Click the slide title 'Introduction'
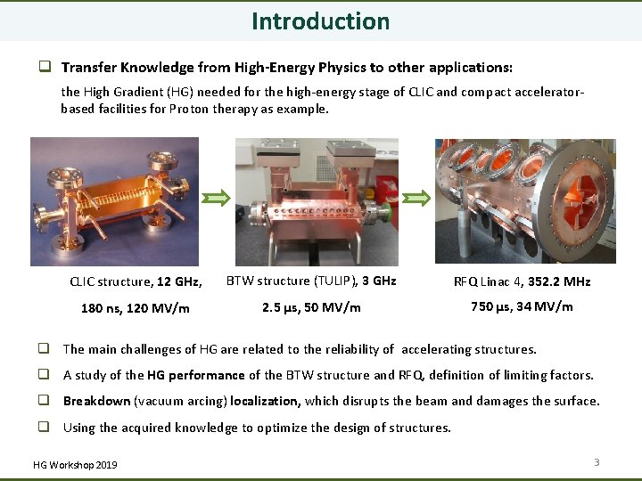pos(320,20)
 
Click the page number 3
pos(597,461)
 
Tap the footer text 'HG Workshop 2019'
pos(74,465)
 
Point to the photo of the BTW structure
pos(317,201)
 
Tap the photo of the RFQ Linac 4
pos(524,201)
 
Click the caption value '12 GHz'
pos(179,281)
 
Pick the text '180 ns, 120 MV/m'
pos(136,308)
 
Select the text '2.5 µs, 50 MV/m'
pos(311,307)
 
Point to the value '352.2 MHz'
pos(559,281)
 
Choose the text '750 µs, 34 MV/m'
pos(522,306)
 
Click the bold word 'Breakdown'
pos(96,401)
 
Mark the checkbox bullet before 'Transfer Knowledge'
pos(42,67)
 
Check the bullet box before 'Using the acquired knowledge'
pos(42,428)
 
